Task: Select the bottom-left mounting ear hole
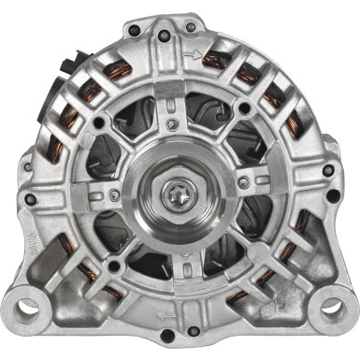[x=29, y=305]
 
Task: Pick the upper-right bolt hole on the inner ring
[x=245, y=108]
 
